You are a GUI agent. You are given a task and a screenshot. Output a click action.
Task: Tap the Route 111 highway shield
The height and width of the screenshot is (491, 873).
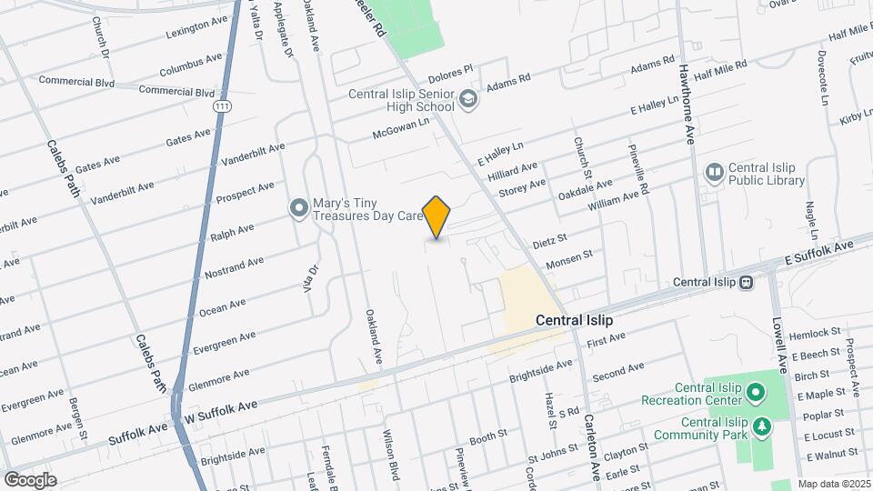pyautogui.click(x=221, y=107)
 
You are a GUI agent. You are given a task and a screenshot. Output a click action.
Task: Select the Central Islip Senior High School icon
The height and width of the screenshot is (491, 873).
pyautogui.click(x=468, y=99)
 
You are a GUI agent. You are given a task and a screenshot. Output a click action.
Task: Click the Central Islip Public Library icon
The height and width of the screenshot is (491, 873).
pyautogui.click(x=714, y=172)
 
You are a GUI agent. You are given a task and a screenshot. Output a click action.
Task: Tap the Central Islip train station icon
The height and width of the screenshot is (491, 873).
pyautogui.click(x=746, y=282)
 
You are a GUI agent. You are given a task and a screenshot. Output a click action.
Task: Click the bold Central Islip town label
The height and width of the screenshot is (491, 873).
pyautogui.click(x=574, y=320)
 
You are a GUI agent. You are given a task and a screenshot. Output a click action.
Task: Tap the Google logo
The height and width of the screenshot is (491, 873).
pyautogui.click(x=30, y=479)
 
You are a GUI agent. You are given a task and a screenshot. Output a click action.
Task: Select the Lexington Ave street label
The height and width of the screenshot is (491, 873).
pyautogui.click(x=196, y=27)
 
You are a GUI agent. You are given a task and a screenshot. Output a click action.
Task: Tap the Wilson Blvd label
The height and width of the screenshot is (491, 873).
pyautogui.click(x=392, y=460)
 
